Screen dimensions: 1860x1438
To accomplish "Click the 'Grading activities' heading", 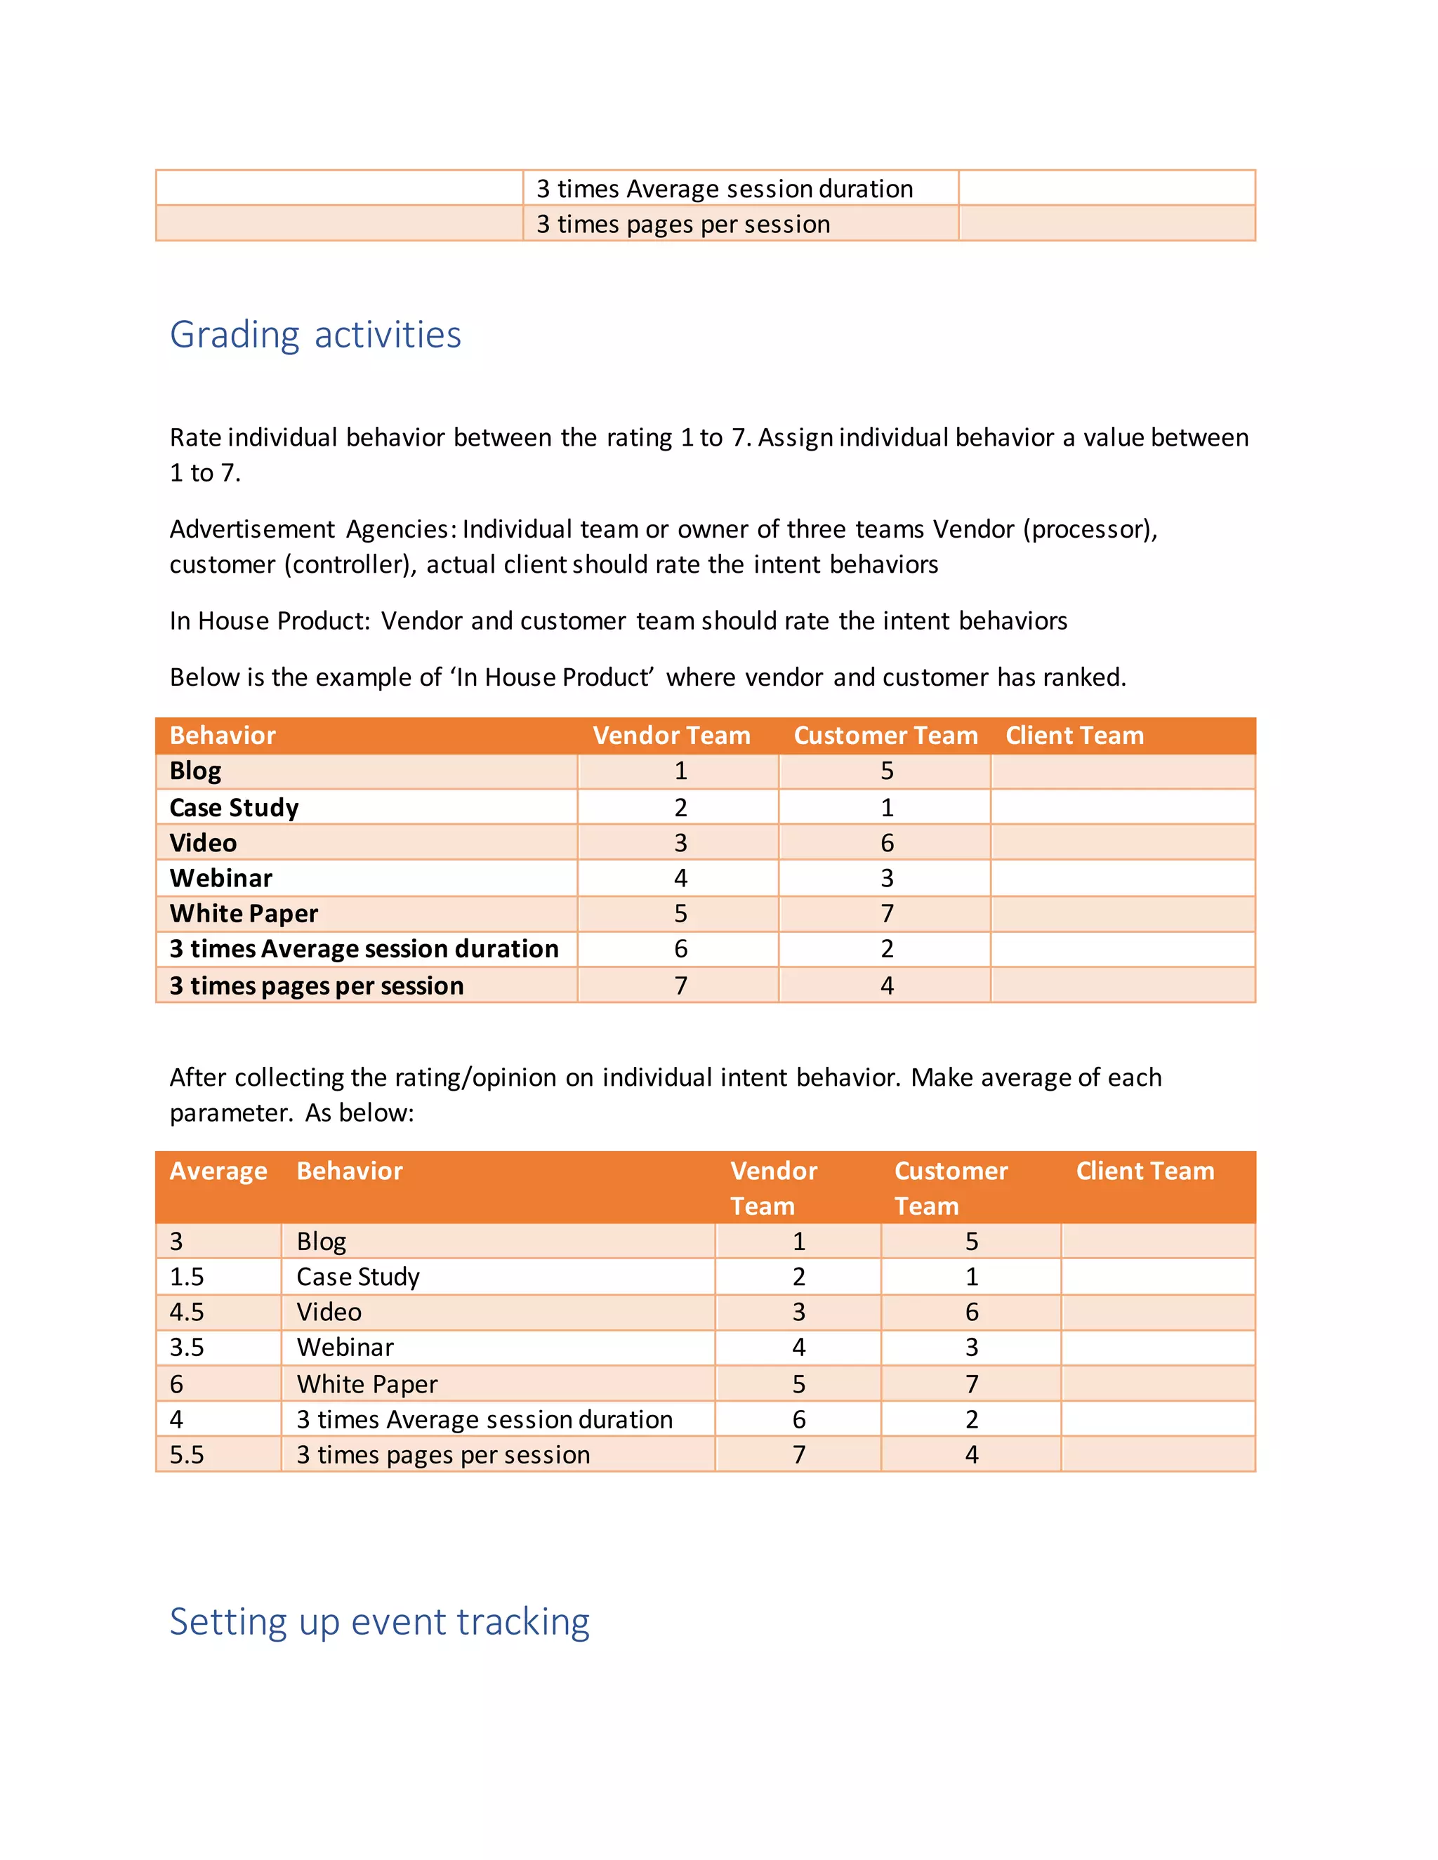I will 315,335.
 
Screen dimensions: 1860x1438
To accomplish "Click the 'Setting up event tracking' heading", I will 379,1621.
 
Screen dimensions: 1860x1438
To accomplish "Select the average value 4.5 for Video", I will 187,1312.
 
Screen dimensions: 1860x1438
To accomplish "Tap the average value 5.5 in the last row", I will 187,1454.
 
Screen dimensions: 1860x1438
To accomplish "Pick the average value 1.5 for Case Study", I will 187,1277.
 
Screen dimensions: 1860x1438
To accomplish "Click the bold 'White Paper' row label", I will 244,913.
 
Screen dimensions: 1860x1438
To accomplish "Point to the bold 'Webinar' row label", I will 220,878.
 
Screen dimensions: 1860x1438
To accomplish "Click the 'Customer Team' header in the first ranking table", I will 885,735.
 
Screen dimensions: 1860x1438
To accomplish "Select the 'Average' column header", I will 218,1171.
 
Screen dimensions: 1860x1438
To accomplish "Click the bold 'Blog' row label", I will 195,771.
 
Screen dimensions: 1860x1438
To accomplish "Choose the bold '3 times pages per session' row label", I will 316,985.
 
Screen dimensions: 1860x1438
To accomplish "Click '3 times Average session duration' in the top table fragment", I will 724,188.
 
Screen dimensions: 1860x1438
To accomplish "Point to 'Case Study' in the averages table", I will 358,1277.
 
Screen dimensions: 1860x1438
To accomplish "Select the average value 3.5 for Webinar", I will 187,1348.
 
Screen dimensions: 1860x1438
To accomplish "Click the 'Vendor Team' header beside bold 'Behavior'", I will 671,735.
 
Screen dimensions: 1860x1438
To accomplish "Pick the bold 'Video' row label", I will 203,843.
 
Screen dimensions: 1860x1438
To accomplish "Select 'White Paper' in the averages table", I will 367,1384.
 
